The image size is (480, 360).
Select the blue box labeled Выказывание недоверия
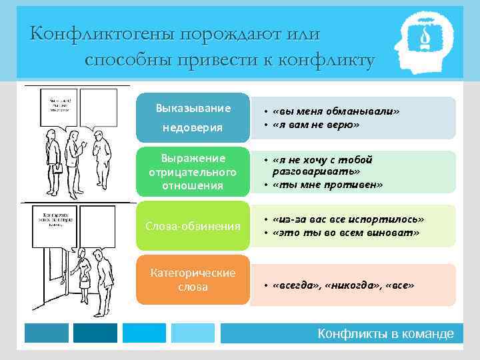(x=193, y=117)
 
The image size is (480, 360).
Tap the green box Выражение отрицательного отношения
(x=193, y=172)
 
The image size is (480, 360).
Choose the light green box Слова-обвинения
(x=193, y=227)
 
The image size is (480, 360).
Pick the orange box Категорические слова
(x=193, y=280)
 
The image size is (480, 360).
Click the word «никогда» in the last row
(x=351, y=285)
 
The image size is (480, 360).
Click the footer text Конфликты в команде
(x=385, y=334)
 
